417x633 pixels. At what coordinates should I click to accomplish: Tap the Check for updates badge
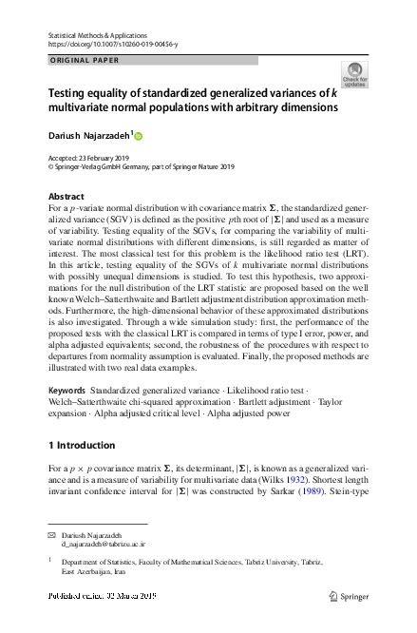[354, 75]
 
